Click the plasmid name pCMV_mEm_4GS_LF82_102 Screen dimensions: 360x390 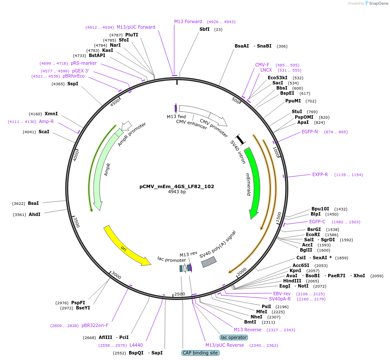pyautogui.click(x=176, y=186)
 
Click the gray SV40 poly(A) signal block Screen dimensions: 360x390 pyautogui.click(x=209, y=261)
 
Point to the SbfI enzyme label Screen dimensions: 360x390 pyautogui.click(x=205, y=30)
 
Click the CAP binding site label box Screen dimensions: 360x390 pyautogui.click(x=200, y=353)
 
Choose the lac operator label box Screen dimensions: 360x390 pyautogui.click(x=234, y=337)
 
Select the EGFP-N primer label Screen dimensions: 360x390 pyautogui.click(x=309, y=132)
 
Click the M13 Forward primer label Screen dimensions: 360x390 pyautogui.click(x=187, y=21)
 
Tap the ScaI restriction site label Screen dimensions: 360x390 pyautogui.click(x=44, y=132)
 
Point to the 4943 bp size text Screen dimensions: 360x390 pyautogui.click(x=177, y=192)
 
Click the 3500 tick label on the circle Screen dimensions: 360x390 pyautogui.click(x=76, y=222)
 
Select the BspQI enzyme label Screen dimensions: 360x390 pyautogui.click(x=136, y=353)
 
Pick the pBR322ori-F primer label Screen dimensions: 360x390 pyautogui.click(x=95, y=325)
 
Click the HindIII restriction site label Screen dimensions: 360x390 pyautogui.click(x=292, y=281)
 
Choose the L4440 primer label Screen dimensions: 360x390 pyautogui.click(x=136, y=345)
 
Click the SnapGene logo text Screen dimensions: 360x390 pyautogui.click(x=379, y=3)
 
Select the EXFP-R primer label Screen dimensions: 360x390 pyautogui.click(x=320, y=174)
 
